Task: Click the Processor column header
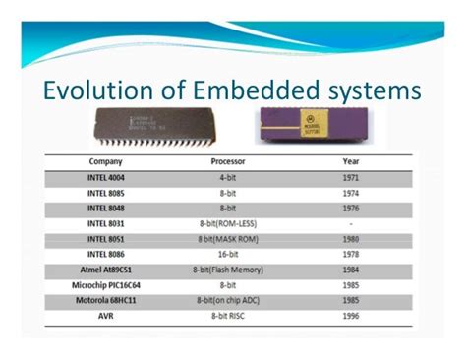(x=228, y=160)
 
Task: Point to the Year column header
(x=350, y=160)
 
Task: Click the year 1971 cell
(x=350, y=177)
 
